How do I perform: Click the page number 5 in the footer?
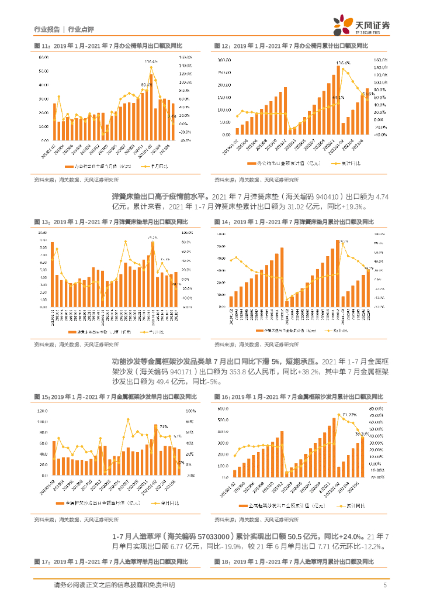(385, 586)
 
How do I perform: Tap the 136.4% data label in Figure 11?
(151, 61)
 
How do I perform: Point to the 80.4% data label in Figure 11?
(145, 84)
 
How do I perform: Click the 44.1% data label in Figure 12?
(338, 97)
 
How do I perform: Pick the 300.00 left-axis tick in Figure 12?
(225, 60)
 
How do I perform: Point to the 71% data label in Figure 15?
(164, 426)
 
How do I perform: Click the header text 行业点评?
(81, 29)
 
